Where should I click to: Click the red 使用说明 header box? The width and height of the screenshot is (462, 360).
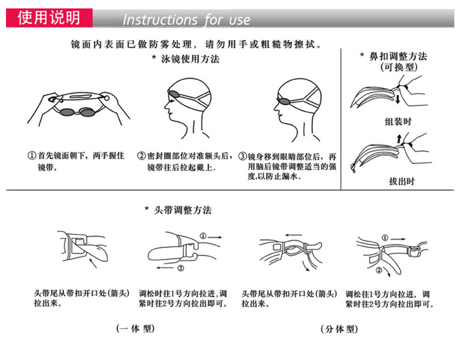click(x=49, y=18)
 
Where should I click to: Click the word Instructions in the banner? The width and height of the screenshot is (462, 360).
click(x=160, y=20)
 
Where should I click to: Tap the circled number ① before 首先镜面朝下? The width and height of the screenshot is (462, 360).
click(x=31, y=156)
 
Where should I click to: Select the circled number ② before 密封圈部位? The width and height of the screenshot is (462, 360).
click(x=141, y=156)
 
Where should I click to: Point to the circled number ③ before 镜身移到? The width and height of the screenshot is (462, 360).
click(x=243, y=156)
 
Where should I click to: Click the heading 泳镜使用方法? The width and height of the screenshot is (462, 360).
click(x=190, y=59)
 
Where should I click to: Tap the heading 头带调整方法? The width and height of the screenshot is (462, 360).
click(x=183, y=210)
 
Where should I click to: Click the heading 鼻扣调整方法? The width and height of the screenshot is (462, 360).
click(x=398, y=56)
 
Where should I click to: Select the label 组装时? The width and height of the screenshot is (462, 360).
click(x=398, y=121)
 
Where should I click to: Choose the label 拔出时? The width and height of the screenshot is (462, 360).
click(x=401, y=181)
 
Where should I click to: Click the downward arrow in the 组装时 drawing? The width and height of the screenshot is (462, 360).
click(x=398, y=99)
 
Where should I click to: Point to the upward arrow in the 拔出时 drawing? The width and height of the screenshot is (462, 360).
click(x=399, y=139)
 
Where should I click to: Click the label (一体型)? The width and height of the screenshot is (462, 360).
click(x=135, y=329)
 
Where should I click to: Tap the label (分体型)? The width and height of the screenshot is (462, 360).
click(x=339, y=329)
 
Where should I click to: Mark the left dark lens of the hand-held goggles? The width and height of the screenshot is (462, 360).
click(x=67, y=112)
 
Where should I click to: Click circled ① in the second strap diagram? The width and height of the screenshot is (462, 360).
click(x=203, y=236)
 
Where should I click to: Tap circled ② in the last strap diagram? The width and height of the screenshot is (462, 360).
click(x=379, y=270)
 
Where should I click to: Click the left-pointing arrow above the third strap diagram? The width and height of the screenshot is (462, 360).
click(x=293, y=235)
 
